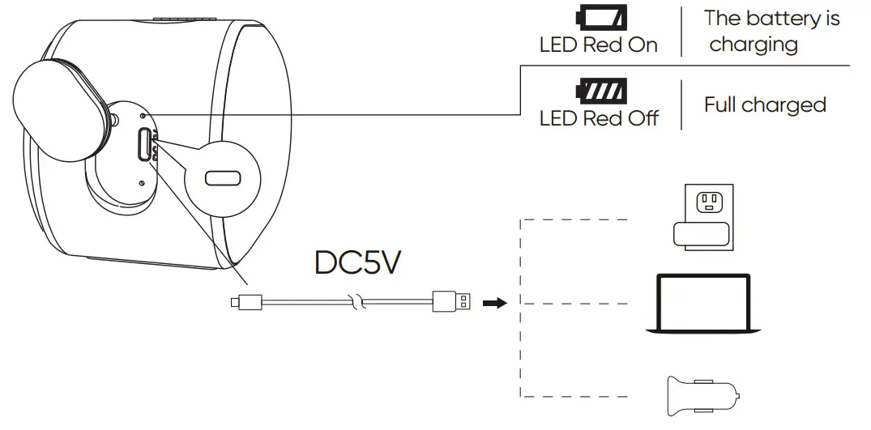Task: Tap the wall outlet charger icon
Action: click(x=702, y=212)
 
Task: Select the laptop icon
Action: click(x=702, y=303)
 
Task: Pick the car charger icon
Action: click(x=702, y=396)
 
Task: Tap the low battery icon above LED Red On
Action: click(x=600, y=17)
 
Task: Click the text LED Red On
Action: click(x=599, y=45)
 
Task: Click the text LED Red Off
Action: click(x=599, y=117)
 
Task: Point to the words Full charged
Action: click(x=765, y=104)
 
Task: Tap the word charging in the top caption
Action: click(x=754, y=45)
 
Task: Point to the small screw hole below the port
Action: click(x=142, y=183)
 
